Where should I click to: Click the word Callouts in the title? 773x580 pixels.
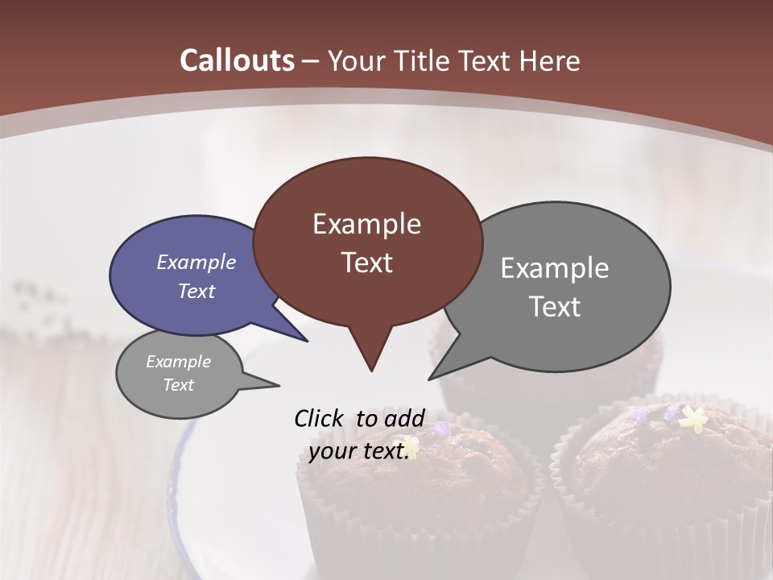[237, 60]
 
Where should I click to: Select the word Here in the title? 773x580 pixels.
[549, 60]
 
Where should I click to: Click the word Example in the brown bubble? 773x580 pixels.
[367, 223]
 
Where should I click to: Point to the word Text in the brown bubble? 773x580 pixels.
[367, 263]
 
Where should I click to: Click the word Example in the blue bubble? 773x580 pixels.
[196, 262]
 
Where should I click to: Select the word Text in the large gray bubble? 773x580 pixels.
[555, 307]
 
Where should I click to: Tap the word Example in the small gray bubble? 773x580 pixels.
[179, 362]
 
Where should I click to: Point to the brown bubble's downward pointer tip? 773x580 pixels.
[371, 371]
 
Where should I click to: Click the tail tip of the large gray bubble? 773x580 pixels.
[429, 379]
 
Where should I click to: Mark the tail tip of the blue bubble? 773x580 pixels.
[308, 341]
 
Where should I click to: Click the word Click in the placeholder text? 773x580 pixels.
[320, 418]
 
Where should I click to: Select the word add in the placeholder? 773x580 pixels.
[404, 418]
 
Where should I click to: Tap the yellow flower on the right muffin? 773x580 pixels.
[692, 416]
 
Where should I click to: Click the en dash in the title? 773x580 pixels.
[311, 61]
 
